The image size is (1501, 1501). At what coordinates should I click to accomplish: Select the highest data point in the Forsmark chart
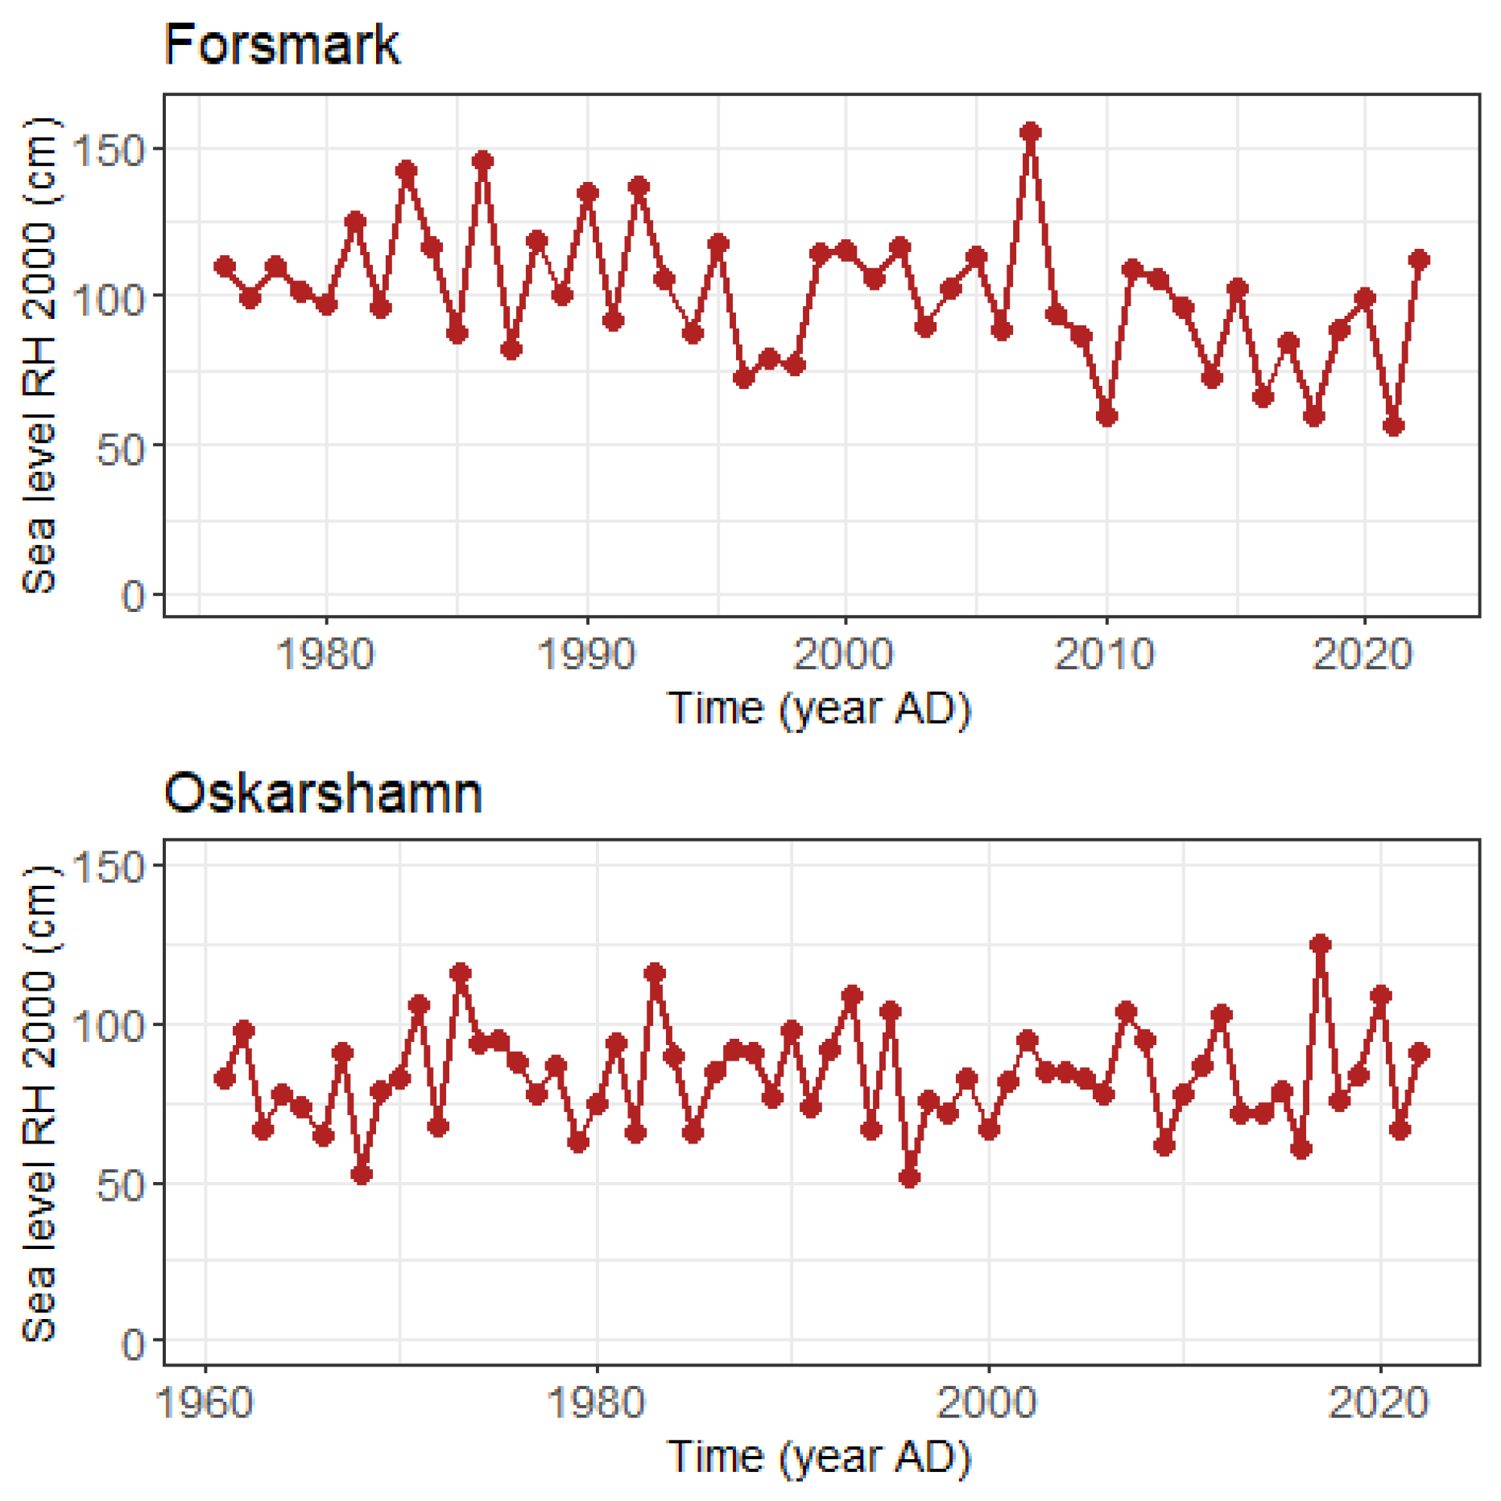click(x=1030, y=132)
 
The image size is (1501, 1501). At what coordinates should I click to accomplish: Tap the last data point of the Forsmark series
click(x=1419, y=259)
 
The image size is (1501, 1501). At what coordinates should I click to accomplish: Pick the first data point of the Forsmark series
click(x=225, y=266)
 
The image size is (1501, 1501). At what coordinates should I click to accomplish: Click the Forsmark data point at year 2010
click(x=1106, y=416)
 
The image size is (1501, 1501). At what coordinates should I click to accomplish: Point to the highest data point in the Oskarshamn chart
click(x=1321, y=944)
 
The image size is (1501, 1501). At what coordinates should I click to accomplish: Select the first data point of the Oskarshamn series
click(x=225, y=1078)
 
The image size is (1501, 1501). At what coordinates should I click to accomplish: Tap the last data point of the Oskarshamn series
click(x=1419, y=1052)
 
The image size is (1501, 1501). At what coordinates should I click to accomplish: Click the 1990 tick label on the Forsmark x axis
click(x=586, y=654)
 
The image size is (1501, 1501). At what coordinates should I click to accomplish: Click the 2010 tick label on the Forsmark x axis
click(x=1105, y=654)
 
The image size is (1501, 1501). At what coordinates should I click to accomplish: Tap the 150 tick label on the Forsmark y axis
click(x=108, y=150)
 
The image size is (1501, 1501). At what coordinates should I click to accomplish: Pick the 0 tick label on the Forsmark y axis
click(x=133, y=596)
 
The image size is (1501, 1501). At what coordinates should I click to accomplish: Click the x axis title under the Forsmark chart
click(x=819, y=709)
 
